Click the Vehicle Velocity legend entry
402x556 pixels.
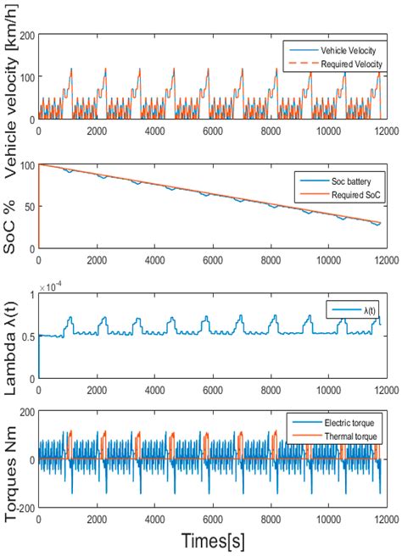[339, 52]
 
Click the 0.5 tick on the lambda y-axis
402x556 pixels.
[25, 336]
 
